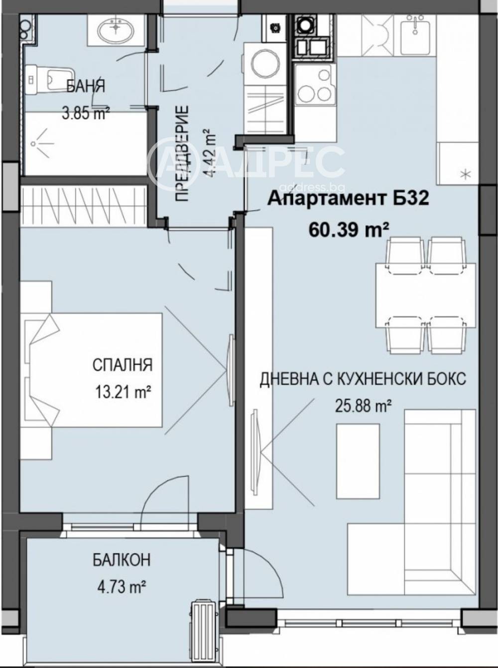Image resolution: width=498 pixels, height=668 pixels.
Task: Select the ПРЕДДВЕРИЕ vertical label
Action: coord(182,153)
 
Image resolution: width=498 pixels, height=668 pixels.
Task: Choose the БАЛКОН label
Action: coord(121,560)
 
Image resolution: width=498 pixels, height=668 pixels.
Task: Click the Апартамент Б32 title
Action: coord(348,198)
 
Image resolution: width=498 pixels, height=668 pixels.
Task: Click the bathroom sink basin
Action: coord(116,31)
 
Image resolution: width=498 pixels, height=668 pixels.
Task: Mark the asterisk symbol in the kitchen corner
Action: coord(465,174)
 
